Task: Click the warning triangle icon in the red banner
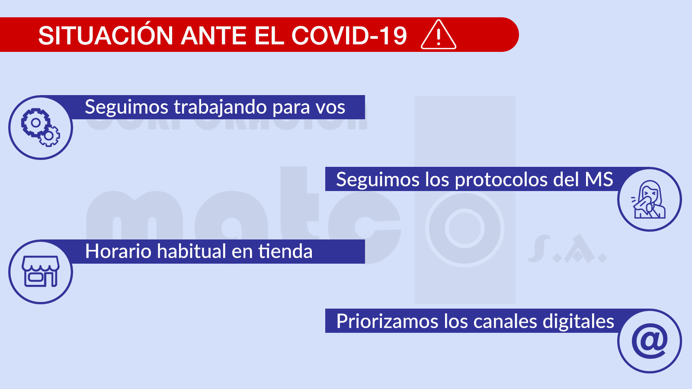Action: click(x=438, y=35)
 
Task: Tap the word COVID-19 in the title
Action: click(x=349, y=35)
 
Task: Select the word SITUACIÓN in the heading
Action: click(x=106, y=35)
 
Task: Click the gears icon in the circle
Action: click(x=41, y=128)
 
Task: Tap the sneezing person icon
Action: click(x=649, y=199)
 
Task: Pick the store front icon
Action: click(x=41, y=272)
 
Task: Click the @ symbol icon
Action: click(x=649, y=341)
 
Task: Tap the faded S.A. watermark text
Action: click(x=567, y=250)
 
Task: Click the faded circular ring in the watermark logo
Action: click(x=465, y=228)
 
